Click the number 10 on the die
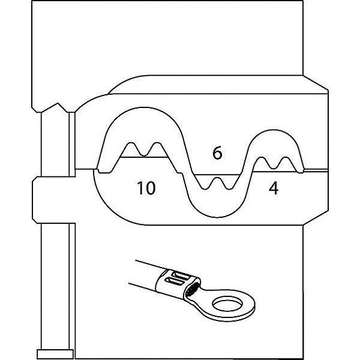point(145,188)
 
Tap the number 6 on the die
point(217,154)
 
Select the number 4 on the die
point(273,188)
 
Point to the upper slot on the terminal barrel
point(176,277)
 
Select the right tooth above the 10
point(157,149)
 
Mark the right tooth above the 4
point(287,162)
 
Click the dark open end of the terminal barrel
point(193,292)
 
